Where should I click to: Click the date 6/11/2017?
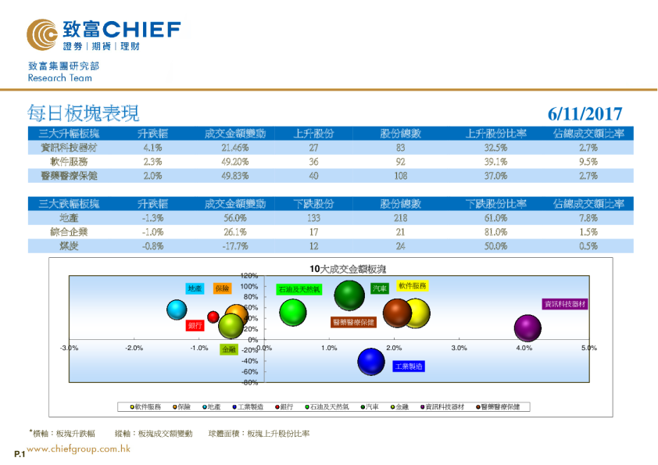point(585,114)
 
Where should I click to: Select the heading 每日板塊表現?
point(84,113)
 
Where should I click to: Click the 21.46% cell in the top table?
point(234,147)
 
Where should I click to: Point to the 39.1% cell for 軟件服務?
point(495,162)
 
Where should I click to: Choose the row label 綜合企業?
point(69,232)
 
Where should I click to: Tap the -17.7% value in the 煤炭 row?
point(234,246)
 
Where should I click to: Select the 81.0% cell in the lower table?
point(495,232)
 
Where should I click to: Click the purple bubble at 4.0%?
point(528,328)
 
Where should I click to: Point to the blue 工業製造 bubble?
point(372,360)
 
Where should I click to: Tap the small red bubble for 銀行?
point(213,317)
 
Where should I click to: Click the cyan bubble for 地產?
point(180,309)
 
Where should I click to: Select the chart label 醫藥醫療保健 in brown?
point(353,322)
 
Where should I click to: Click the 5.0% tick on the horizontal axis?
point(589,348)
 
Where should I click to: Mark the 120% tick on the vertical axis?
point(249,275)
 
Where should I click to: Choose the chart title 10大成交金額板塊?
point(348,268)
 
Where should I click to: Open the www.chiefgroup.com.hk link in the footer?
point(78,449)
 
